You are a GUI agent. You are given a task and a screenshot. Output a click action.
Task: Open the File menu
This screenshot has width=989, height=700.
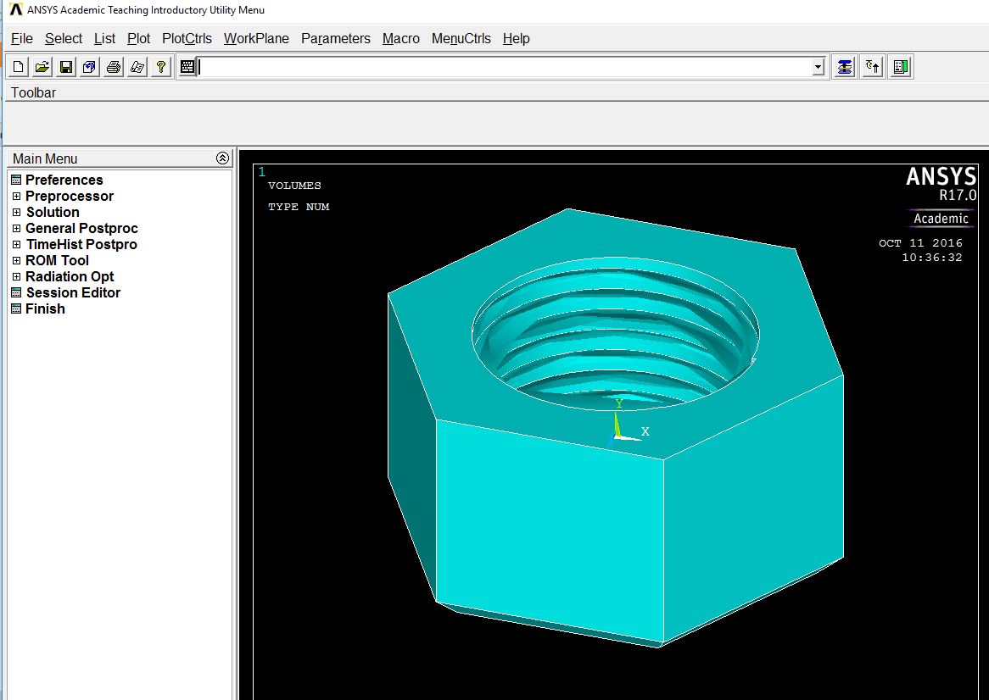tap(21, 38)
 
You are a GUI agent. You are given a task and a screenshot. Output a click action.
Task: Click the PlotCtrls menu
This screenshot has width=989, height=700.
tap(187, 38)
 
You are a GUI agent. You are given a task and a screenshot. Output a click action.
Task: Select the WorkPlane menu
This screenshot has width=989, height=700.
tap(256, 38)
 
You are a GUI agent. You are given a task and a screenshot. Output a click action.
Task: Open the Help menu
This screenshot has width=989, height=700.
tap(516, 38)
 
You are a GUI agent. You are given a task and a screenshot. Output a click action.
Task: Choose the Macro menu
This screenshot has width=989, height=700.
tap(400, 38)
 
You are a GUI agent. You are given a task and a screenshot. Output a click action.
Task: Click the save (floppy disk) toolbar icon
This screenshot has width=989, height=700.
tap(66, 67)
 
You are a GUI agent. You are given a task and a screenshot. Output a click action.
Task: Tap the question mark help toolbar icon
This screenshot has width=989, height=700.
tap(161, 67)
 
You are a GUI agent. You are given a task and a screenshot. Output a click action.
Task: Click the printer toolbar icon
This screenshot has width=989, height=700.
tap(114, 67)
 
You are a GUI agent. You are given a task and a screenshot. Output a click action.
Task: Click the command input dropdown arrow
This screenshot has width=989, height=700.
tap(818, 68)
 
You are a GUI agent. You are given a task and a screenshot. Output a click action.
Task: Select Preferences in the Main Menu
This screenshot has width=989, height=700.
tap(64, 180)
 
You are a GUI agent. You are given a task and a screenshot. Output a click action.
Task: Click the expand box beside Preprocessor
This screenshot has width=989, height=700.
tap(16, 197)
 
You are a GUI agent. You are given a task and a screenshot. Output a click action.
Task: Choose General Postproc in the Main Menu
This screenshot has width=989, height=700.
tap(81, 228)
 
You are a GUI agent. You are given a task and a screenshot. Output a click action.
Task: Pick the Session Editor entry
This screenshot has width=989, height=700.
tap(73, 292)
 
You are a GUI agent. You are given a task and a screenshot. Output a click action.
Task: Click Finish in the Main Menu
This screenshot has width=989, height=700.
tap(45, 308)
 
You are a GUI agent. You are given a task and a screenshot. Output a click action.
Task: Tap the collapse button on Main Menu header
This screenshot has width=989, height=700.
tap(222, 158)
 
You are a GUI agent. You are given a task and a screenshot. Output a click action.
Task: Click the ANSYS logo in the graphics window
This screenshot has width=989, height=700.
tap(941, 176)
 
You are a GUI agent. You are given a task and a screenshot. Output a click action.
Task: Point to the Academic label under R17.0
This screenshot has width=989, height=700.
tap(941, 219)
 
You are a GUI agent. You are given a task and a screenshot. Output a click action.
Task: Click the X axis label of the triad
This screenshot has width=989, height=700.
tap(645, 431)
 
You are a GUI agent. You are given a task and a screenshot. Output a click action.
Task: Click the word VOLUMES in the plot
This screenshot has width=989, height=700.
tap(294, 186)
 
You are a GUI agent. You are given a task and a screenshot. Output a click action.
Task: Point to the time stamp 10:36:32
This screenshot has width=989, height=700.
tap(931, 258)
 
